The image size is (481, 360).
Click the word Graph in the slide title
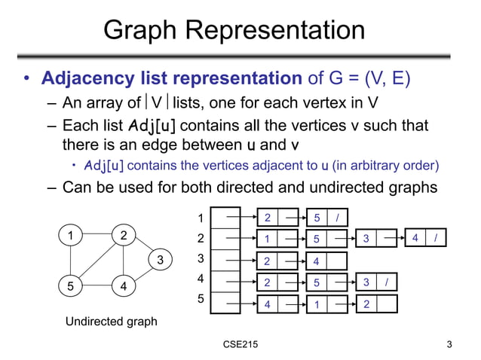coord(145,32)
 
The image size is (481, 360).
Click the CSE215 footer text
coord(240,345)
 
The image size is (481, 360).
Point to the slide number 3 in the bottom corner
coord(449,345)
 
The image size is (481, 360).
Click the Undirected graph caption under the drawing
coord(112,322)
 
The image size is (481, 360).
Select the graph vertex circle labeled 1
coord(70,235)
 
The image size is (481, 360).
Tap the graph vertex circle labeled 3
coord(160,261)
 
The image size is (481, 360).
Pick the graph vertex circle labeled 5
coord(70,287)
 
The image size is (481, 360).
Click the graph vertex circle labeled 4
coord(123,287)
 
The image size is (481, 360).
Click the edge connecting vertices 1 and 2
coord(97,235)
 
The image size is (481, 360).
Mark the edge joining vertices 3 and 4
coord(142,274)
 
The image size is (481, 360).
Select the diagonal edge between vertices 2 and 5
coord(97,261)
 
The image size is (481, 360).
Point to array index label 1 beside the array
coord(201,219)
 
